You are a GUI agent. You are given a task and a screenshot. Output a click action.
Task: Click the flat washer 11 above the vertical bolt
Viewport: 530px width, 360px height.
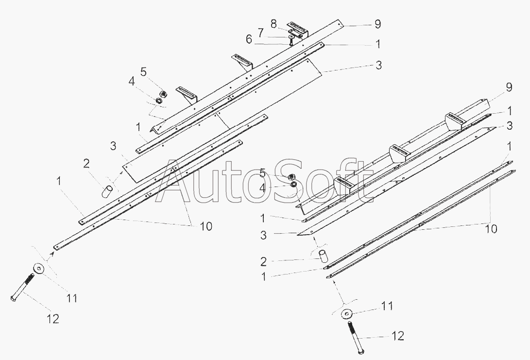347,313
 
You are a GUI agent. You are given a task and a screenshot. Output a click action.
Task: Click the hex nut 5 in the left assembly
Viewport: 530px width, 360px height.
164,93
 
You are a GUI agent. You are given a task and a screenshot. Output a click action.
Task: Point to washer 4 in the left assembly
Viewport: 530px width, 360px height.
158,101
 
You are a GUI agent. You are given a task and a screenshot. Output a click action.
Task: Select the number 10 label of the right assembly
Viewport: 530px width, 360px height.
491,229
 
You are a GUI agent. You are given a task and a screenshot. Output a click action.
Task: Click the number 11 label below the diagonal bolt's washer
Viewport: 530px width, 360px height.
71,298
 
